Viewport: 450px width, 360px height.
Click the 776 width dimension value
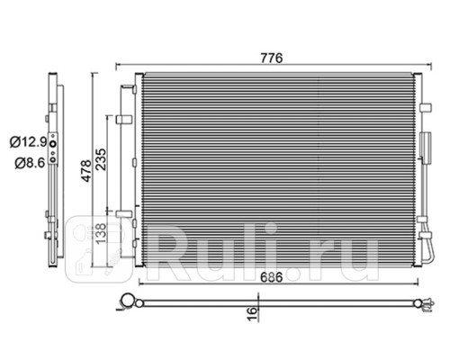272,58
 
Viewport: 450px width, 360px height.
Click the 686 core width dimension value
271,277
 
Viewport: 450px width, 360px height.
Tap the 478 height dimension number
86,171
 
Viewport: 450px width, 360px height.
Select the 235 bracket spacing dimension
101,159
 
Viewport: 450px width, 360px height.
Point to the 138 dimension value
101,233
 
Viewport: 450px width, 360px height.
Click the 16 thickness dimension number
253,313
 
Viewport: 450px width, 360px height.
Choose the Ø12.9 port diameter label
29,141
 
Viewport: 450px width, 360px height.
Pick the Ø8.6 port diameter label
31,163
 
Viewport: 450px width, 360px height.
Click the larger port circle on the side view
53,144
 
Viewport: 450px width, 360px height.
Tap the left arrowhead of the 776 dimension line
118,65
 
